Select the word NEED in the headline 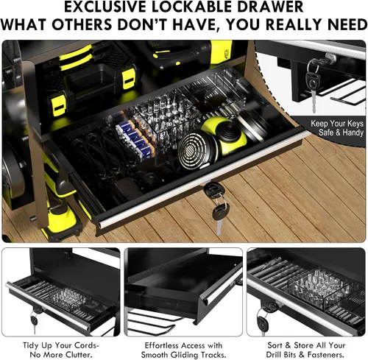[343, 24]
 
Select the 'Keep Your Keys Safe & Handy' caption [337, 128]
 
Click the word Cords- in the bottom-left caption [85, 345]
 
